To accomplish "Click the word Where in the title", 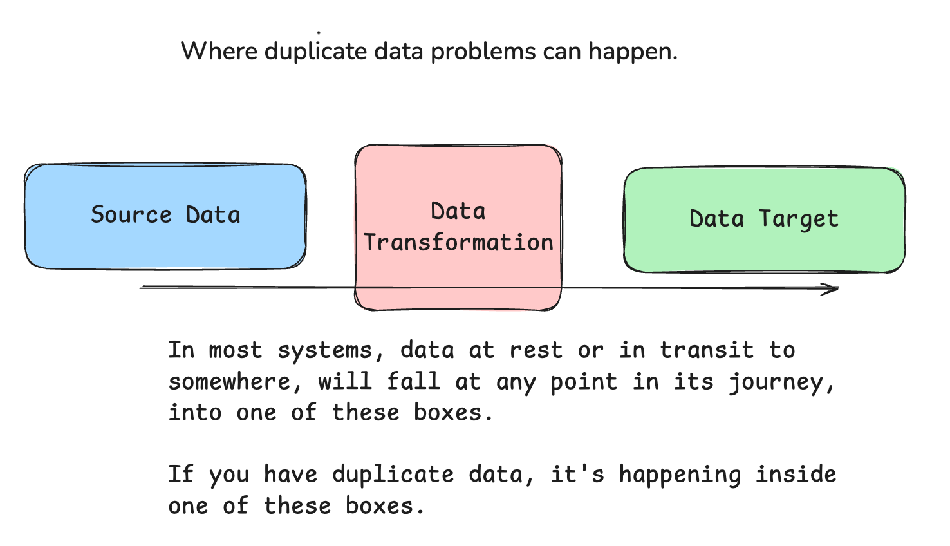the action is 219,51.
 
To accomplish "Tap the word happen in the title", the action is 633,52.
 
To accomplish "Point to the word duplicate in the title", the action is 315,52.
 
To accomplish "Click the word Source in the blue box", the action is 131,214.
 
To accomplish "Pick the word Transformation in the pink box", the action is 458,242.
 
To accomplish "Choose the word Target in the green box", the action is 799,220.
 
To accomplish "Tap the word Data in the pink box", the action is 458,211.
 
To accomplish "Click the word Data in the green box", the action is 717,218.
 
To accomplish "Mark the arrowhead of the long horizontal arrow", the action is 838,289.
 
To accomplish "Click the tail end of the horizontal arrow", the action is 140,287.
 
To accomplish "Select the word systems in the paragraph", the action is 325,350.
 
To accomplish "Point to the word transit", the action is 707,350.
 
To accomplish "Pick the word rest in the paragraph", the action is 536,350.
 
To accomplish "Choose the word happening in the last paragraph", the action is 680,475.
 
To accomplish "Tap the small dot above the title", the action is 319,32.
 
